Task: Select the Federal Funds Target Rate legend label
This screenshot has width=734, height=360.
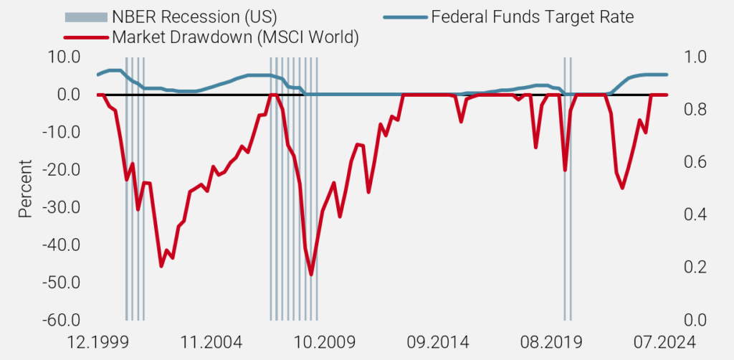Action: [532, 16]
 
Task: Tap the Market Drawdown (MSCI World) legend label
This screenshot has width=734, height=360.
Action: [232, 37]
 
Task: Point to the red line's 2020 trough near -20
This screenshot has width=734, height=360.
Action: [565, 170]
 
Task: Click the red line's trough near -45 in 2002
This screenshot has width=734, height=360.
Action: [161, 266]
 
